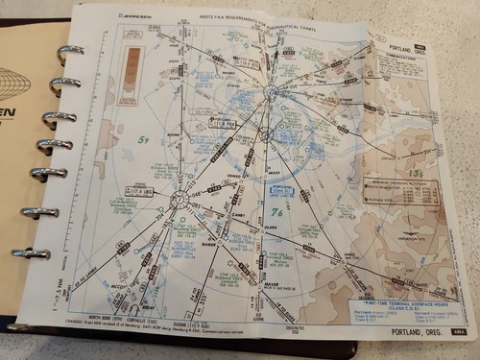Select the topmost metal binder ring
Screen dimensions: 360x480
coord(69,50)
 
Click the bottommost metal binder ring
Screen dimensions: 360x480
coord(35,253)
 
